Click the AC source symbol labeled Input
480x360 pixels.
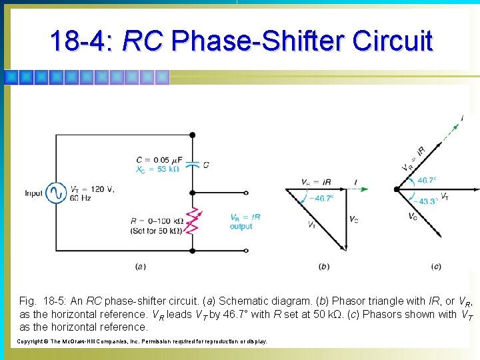[55, 193]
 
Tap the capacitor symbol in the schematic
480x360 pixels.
[193, 163]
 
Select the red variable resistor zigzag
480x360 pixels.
[193, 221]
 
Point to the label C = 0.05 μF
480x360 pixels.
[158, 159]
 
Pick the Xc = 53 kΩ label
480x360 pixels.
[158, 169]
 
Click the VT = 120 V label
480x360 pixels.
[93, 189]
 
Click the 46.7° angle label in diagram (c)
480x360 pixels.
[427, 181]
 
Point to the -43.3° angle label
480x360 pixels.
[427, 201]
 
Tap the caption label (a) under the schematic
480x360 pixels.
[141, 267]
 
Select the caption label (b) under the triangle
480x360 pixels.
[324, 267]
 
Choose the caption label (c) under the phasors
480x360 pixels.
[436, 267]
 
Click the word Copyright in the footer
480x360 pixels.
[33, 341]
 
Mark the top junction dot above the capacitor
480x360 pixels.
[193, 135]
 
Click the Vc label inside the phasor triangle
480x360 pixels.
[353, 219]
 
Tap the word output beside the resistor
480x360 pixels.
[241, 227]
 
